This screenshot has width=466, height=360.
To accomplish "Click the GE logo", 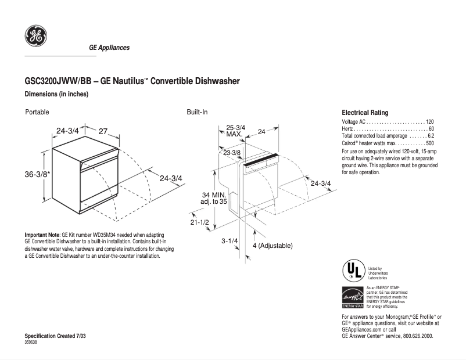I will [35, 37].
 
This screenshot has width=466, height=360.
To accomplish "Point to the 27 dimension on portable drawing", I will [103, 131].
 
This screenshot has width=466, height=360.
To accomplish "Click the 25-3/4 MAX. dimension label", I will [235, 131].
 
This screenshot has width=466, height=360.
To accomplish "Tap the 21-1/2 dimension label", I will [199, 222].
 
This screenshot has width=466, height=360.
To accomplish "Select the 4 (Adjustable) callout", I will [273, 246].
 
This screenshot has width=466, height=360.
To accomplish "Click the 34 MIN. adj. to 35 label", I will [214, 198].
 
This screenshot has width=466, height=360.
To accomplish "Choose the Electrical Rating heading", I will [365, 113].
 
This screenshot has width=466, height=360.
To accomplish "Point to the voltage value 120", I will [429, 121].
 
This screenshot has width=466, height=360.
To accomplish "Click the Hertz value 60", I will [431, 128].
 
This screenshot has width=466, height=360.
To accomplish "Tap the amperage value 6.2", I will [431, 135].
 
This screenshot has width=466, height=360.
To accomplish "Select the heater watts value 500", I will [429, 143].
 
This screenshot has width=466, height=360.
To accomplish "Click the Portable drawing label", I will [37, 111].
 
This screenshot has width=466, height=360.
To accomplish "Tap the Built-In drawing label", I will [197, 111].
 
